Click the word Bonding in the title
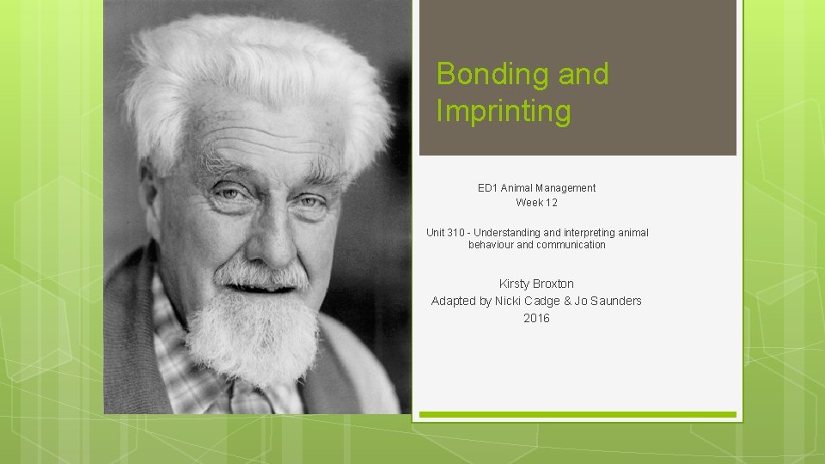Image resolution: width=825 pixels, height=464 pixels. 492,75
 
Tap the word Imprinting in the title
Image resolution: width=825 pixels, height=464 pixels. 504,112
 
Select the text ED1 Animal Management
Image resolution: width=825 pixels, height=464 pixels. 536,187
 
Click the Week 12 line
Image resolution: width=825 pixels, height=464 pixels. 536,203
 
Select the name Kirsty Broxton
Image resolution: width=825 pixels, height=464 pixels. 536,284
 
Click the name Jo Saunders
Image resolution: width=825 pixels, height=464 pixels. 608,301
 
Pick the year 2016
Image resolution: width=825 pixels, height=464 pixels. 536,318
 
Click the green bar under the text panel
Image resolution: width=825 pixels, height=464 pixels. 577,414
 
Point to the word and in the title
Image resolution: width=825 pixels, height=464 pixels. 584,75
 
